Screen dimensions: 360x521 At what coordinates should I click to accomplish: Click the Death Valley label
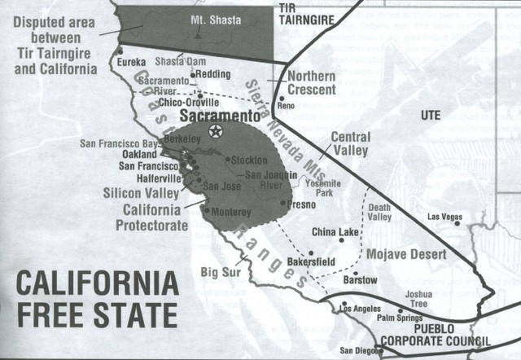point(380,211)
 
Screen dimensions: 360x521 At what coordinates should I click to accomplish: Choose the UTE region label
point(429,116)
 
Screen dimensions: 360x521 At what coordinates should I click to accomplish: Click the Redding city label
point(214,74)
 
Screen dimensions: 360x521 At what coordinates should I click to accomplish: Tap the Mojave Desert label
point(406,254)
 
